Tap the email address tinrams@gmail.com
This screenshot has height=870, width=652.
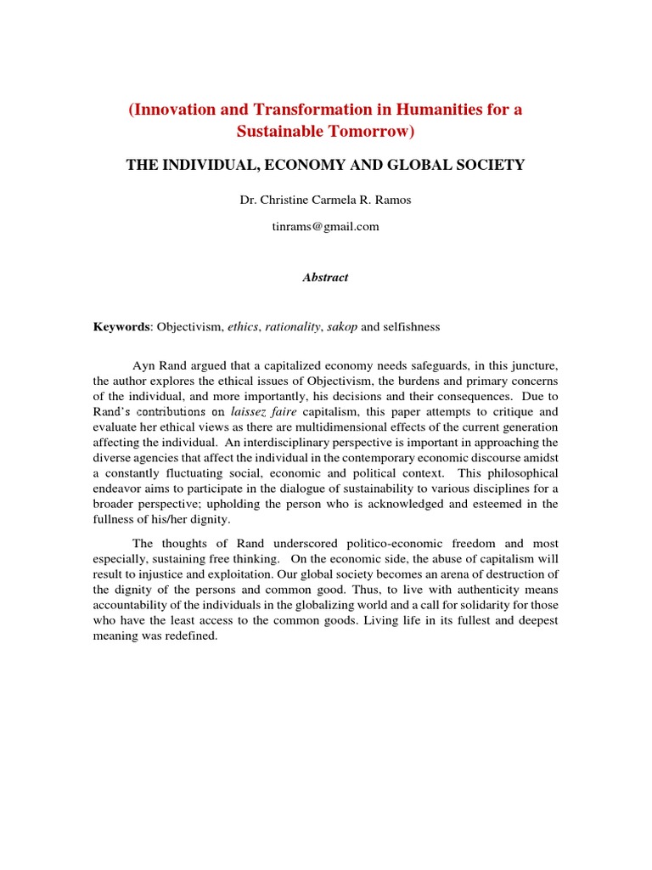click(326, 227)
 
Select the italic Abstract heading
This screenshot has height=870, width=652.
click(326, 278)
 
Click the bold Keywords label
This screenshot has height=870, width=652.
click(121, 327)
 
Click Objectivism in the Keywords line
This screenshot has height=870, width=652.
click(185, 327)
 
